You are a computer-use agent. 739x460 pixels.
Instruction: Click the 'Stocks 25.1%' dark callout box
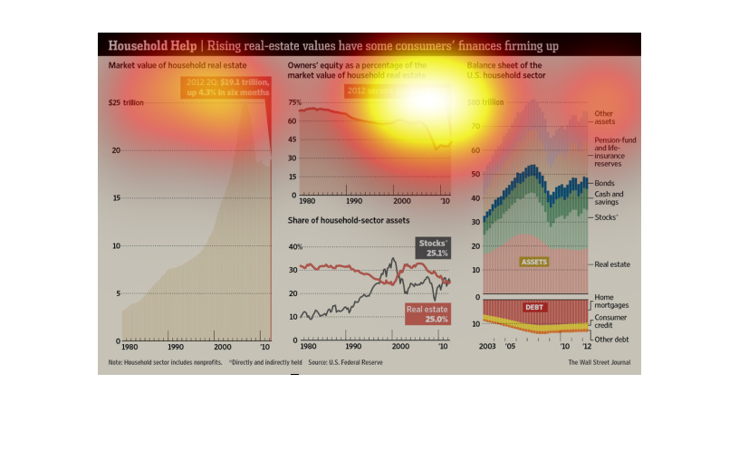432,248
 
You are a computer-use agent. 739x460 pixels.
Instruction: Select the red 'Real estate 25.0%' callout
427,313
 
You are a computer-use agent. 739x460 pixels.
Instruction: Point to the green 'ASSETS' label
534,262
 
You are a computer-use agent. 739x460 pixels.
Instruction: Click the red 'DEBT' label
534,307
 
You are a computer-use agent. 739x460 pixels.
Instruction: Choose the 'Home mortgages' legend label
611,302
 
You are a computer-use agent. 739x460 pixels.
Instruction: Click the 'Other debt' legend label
611,339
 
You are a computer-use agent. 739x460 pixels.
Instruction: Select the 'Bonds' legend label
604,183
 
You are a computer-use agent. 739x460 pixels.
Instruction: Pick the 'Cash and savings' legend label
609,198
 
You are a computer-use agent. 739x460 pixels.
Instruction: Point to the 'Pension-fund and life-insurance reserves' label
615,151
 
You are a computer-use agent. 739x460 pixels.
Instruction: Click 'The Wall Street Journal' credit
599,362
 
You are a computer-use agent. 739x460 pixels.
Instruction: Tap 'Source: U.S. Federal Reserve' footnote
345,362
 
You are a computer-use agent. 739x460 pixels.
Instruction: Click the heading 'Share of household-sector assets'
349,221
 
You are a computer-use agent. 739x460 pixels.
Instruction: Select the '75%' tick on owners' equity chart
293,102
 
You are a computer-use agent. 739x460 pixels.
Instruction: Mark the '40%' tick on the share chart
294,246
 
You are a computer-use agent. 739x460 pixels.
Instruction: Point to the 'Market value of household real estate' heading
178,66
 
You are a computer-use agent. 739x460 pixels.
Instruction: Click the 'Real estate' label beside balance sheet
611,264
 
